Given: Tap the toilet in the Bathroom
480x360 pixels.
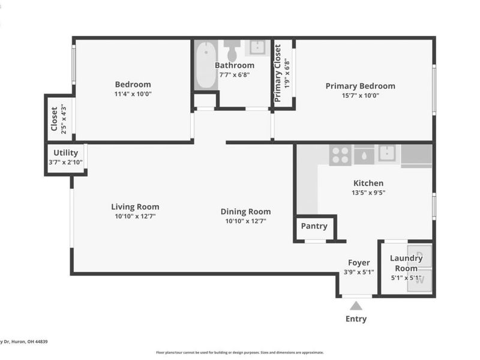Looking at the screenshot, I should pos(233,46).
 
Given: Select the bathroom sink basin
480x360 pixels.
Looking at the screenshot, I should pos(259,47).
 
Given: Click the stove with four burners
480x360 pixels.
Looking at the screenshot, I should pos(340,155).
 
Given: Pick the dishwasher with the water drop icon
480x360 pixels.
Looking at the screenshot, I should pos(363,155).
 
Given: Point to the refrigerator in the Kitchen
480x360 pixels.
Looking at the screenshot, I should pos(416,155).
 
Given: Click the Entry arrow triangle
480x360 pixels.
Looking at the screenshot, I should pos(356,306).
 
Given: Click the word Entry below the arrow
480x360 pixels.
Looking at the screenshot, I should pos(356,319).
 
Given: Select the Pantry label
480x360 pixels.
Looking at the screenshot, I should pos(314,226).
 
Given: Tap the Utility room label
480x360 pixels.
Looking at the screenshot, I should pos(65,153).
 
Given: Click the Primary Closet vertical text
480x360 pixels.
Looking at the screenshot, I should pos(278,73).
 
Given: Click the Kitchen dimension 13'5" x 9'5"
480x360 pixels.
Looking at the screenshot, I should pos(368,193).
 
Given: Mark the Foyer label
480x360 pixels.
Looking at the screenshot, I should pos(359,262).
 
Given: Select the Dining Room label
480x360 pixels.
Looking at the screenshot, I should pos(245,211).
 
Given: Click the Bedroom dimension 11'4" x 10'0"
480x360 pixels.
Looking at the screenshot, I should pos(133,94).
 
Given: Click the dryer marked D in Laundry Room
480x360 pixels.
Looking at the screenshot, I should pos(420,256).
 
